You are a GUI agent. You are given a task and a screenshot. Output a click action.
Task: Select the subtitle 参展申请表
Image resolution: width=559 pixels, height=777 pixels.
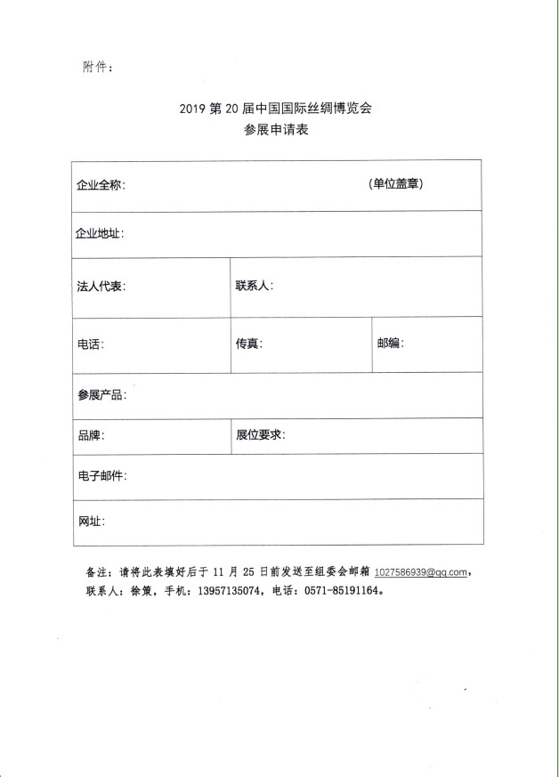(279, 131)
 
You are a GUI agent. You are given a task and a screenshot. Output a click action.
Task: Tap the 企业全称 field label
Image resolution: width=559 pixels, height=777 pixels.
(101, 186)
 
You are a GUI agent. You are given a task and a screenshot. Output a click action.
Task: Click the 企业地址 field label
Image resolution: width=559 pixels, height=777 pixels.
(100, 234)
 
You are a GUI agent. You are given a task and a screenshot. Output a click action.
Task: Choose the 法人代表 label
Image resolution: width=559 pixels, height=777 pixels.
(101, 287)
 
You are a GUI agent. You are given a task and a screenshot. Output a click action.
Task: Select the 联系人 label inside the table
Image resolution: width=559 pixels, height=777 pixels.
(254, 286)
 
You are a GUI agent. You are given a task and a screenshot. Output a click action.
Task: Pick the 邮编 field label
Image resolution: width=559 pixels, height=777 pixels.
(390, 344)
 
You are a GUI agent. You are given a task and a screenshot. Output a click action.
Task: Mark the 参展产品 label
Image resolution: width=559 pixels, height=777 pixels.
(101, 395)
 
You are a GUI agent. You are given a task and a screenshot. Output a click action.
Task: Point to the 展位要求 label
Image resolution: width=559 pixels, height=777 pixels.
(260, 435)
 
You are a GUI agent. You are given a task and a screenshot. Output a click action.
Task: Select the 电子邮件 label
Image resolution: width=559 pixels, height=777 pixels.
(101, 476)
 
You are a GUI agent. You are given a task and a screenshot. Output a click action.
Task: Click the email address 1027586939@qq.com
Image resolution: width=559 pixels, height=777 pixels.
(421, 573)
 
